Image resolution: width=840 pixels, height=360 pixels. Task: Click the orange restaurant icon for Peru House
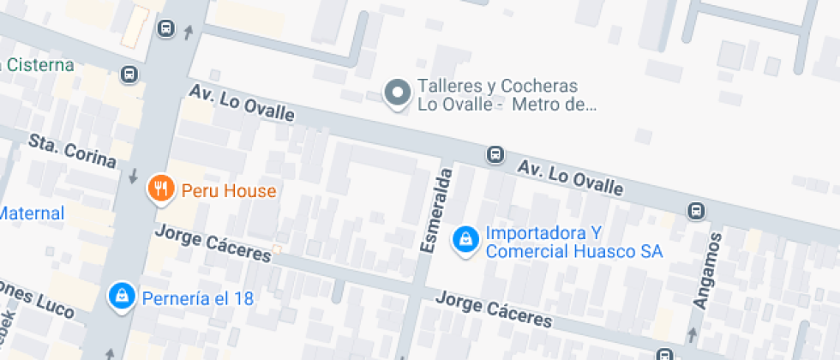[160, 189]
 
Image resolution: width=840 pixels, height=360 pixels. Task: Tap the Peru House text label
[228, 190]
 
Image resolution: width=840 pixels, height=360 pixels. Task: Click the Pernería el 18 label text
[199, 298]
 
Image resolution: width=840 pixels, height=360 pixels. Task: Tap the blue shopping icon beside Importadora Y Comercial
[465, 239]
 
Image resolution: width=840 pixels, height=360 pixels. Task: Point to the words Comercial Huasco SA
[573, 251]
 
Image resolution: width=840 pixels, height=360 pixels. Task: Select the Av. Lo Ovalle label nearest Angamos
[569, 175]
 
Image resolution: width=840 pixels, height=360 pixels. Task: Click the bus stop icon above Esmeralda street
[495, 154]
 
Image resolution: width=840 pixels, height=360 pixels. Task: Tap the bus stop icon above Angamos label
[696, 210]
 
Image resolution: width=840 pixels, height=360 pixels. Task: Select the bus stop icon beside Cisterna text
[129, 75]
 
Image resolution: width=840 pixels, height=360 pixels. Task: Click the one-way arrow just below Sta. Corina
[133, 177]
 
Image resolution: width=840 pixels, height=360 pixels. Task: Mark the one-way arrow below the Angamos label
[693, 333]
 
